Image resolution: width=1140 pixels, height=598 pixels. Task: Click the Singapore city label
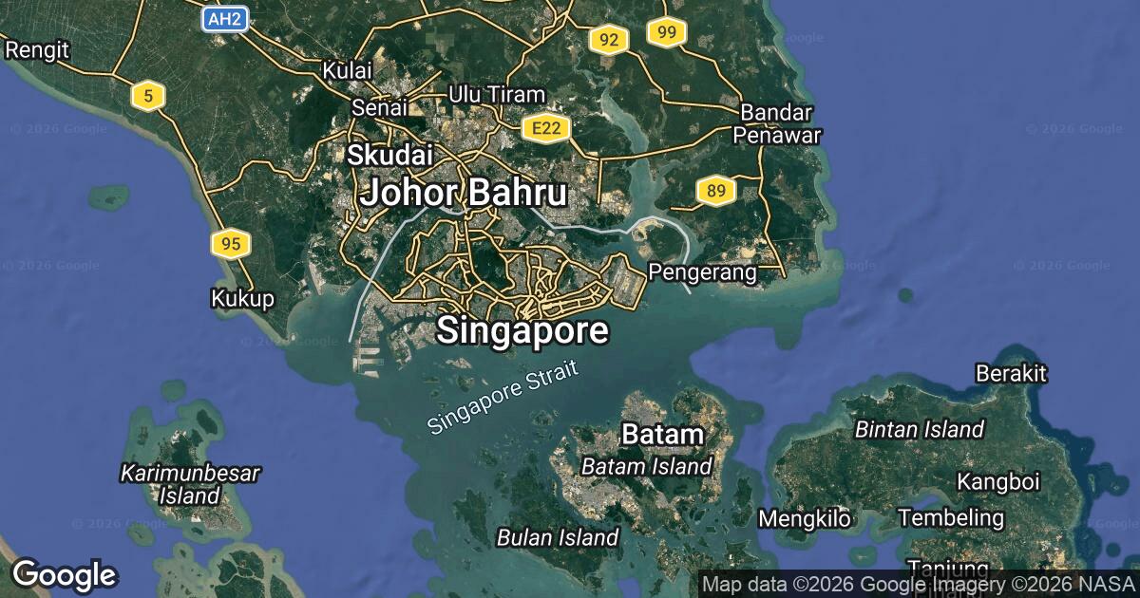pos(522,330)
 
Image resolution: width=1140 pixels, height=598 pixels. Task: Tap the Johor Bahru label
pos(464,193)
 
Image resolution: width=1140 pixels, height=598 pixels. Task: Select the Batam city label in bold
pos(662,435)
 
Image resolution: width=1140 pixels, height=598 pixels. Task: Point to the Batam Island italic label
pos(646,466)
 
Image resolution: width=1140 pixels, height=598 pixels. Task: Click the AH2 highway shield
pos(225,19)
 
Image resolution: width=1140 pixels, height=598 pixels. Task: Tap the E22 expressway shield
pos(544,128)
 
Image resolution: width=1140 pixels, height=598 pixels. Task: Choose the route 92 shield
pos(609,40)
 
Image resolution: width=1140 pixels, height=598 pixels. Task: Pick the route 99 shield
pos(667,33)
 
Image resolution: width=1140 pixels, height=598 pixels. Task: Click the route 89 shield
pos(715,192)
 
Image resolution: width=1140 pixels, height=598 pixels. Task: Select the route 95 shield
pos(230,244)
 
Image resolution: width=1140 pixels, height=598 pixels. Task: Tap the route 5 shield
pos(148,95)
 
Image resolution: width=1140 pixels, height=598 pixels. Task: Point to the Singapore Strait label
pos(503,399)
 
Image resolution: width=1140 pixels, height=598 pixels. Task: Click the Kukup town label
pos(242,299)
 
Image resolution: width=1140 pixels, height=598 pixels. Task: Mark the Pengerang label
pos(702,273)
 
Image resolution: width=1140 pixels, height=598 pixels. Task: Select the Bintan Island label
pos(919,429)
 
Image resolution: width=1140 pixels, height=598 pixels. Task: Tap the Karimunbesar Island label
pos(190,483)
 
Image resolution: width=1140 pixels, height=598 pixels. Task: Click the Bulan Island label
pos(558,537)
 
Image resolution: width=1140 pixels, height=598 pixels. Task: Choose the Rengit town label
pos(37,49)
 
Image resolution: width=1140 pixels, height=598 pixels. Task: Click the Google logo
pos(64,574)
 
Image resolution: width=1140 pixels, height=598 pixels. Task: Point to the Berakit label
pos(1011,373)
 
